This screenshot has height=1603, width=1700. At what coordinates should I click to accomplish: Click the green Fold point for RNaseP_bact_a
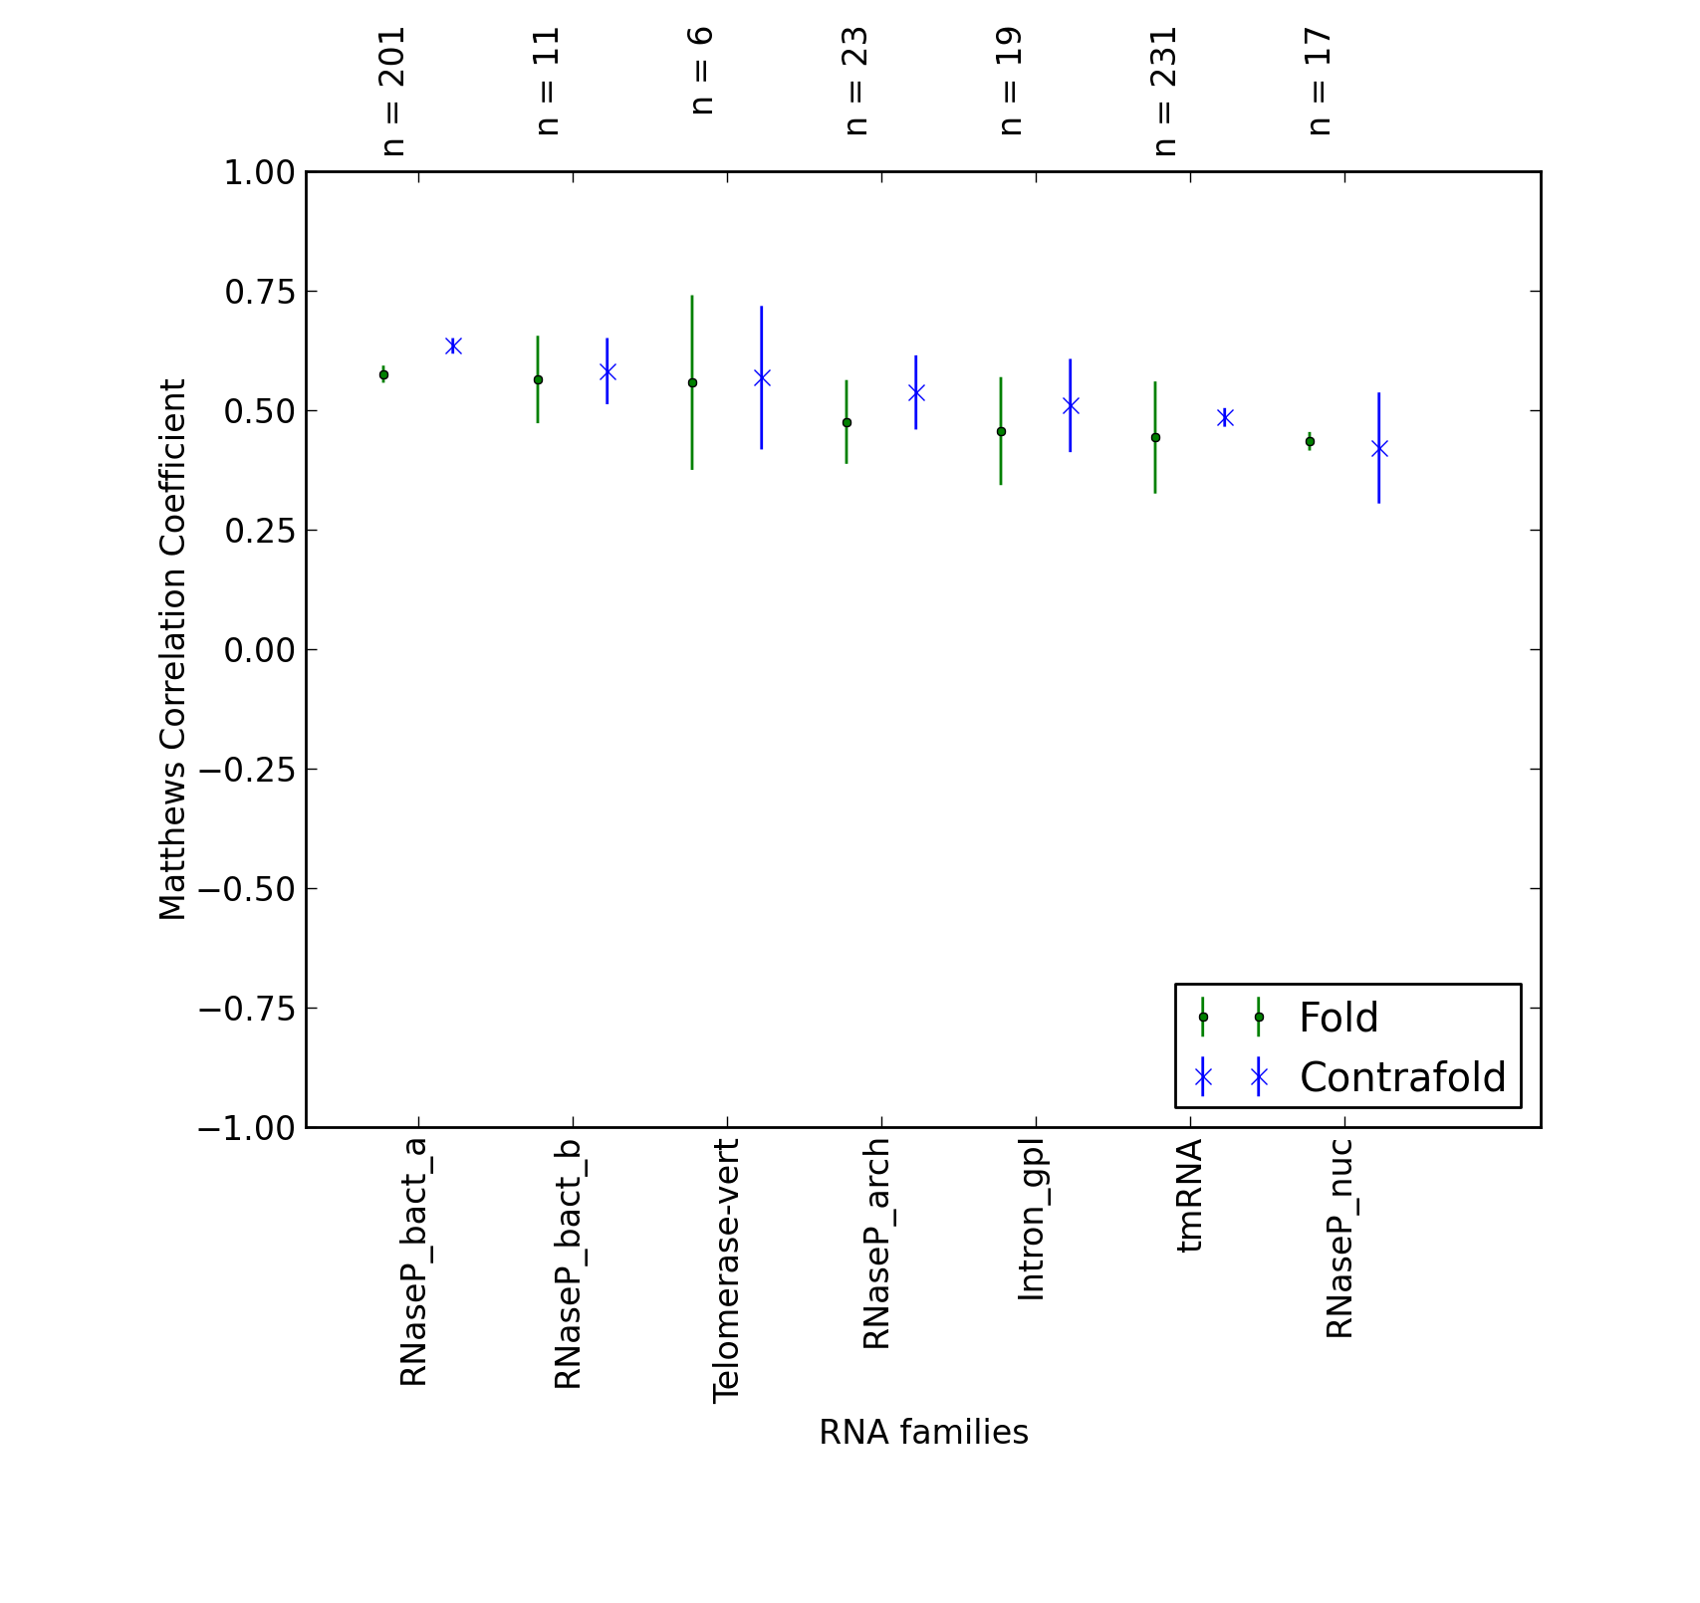click(x=383, y=374)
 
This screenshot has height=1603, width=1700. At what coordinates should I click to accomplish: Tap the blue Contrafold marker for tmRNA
click(x=1225, y=417)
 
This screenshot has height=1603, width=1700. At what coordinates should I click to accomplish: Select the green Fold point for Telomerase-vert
click(x=692, y=382)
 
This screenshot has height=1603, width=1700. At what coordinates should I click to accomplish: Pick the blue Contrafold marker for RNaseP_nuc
click(x=1379, y=449)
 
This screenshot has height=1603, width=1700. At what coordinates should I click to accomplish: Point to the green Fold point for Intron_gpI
click(x=1001, y=431)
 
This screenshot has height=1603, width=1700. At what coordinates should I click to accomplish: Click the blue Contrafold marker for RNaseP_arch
click(x=916, y=392)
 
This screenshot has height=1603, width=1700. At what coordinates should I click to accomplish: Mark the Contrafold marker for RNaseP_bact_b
click(x=607, y=371)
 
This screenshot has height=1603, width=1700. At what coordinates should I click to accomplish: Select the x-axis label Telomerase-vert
click(x=726, y=1270)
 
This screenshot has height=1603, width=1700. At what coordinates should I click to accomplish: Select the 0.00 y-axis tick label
click(x=259, y=650)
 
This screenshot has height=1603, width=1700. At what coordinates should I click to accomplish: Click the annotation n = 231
click(x=1164, y=92)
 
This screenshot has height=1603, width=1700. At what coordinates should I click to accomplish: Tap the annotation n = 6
click(x=701, y=71)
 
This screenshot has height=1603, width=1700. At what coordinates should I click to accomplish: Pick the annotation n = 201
click(x=392, y=92)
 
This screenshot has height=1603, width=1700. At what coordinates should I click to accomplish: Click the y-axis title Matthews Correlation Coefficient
click(x=172, y=649)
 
